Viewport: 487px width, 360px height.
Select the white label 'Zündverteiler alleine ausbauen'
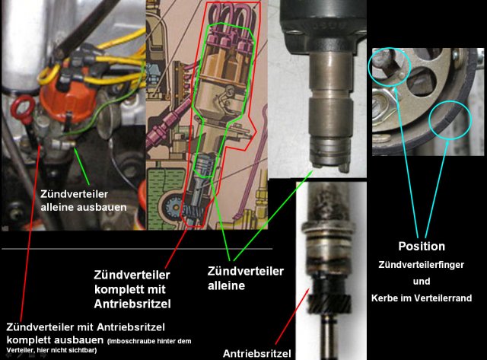coord(75,199)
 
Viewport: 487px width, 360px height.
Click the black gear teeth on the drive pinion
coord(320,289)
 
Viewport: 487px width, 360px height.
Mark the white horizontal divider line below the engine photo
coord(137,248)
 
